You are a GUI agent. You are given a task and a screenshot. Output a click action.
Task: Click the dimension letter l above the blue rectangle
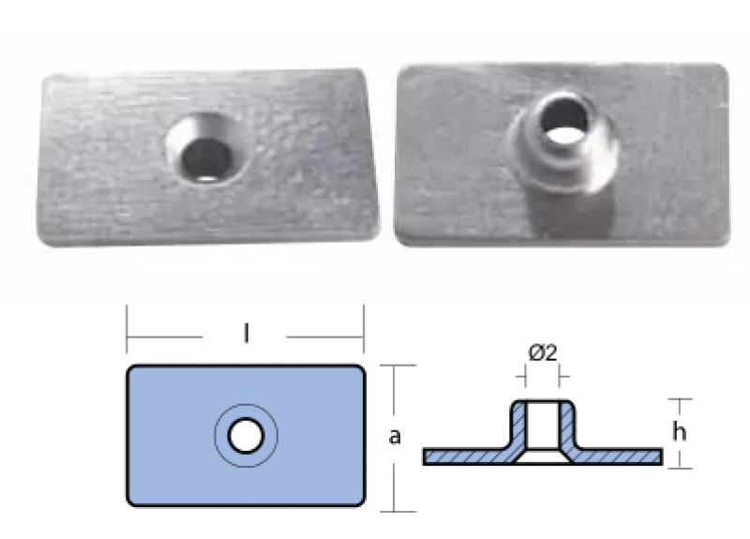click(x=247, y=334)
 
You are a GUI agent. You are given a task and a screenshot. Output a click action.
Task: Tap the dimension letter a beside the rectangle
click(x=395, y=437)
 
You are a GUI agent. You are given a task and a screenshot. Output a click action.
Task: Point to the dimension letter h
click(x=679, y=432)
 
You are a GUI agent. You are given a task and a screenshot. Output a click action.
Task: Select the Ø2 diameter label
click(x=543, y=353)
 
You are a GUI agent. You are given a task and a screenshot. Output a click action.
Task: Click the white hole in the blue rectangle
click(x=246, y=436)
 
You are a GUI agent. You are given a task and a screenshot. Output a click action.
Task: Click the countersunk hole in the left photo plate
click(x=206, y=148)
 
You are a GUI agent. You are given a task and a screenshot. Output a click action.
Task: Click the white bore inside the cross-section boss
click(x=543, y=425)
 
